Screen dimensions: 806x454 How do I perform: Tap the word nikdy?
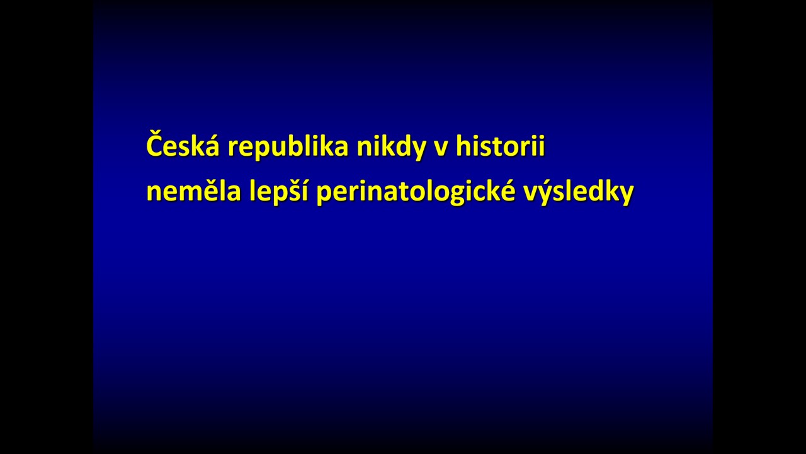coord(391,147)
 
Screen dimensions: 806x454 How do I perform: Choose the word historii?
coord(500,145)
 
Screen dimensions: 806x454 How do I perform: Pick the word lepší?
coord(279,191)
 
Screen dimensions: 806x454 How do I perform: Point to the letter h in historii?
coord(465,146)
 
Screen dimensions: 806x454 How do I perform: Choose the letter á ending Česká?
coord(212,146)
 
